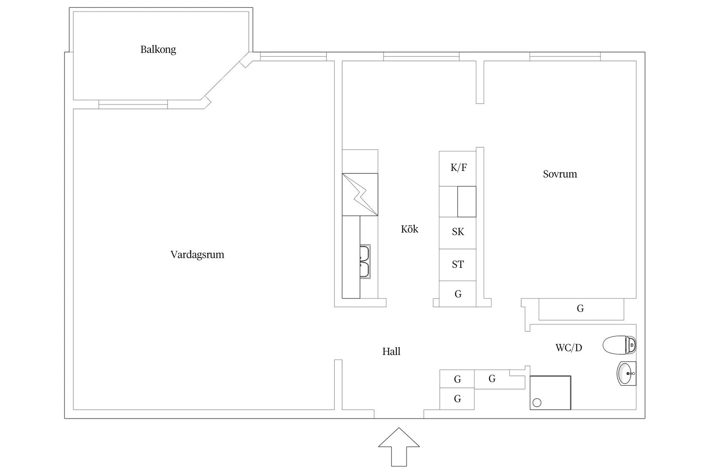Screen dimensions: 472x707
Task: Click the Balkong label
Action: (158, 49)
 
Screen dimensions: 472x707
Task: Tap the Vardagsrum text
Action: (197, 254)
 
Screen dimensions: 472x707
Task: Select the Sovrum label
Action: (560, 174)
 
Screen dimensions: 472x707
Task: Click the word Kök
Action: (409, 229)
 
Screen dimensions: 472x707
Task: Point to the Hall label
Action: (391, 351)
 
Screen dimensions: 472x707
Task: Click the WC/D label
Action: (569, 348)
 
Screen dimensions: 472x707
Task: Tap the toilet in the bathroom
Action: (620, 345)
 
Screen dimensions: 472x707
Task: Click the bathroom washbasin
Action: (626, 373)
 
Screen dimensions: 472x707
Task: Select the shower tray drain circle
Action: (537, 402)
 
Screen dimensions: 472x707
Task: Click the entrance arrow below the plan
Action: (398, 446)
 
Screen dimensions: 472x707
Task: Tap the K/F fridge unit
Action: (458, 168)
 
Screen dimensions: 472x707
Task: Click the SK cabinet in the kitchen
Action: (458, 232)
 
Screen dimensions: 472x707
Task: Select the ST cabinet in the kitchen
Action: (458, 264)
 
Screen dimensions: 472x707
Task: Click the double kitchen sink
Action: (365, 262)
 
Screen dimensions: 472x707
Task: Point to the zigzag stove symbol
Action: (360, 194)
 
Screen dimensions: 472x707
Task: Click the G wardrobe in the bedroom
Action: (581, 309)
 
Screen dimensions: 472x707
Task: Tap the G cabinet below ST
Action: (458, 294)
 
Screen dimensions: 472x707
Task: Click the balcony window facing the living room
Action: (133, 104)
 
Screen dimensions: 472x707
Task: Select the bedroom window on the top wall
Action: (565, 56)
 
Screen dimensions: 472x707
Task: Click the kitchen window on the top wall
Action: (421, 56)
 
